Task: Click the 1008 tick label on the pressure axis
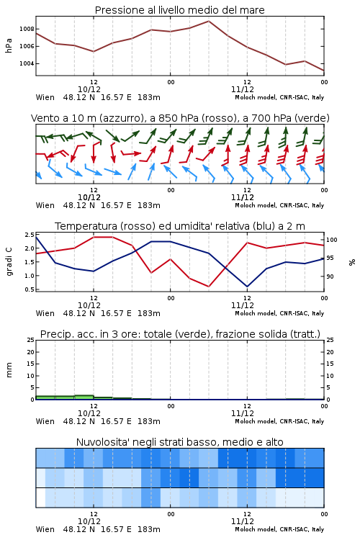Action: pyautogui.click(x=27, y=29)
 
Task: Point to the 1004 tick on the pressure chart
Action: pyautogui.click(x=27, y=63)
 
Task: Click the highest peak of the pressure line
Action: pyautogui.click(x=209, y=21)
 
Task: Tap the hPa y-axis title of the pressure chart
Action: pyautogui.click(x=9, y=45)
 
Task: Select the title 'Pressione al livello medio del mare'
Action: pyautogui.click(x=180, y=10)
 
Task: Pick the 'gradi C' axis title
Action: pyautogui.click(x=9, y=262)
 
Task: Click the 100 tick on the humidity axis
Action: pyautogui.click(x=332, y=240)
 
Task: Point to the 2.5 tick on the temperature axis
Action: pyautogui.click(x=30, y=235)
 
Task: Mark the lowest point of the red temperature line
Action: pyautogui.click(x=209, y=286)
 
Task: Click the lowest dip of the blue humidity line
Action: pyautogui.click(x=247, y=287)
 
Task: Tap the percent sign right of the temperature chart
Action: pyautogui.click(x=352, y=262)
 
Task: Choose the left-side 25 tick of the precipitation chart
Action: pyautogui.click(x=31, y=340)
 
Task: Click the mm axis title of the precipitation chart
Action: pyautogui.click(x=9, y=370)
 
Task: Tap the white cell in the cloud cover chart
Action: pyautogui.click(x=40, y=498)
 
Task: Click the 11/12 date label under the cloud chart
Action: pyautogui.click(x=243, y=521)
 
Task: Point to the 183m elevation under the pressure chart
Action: pyautogui.click(x=149, y=97)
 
